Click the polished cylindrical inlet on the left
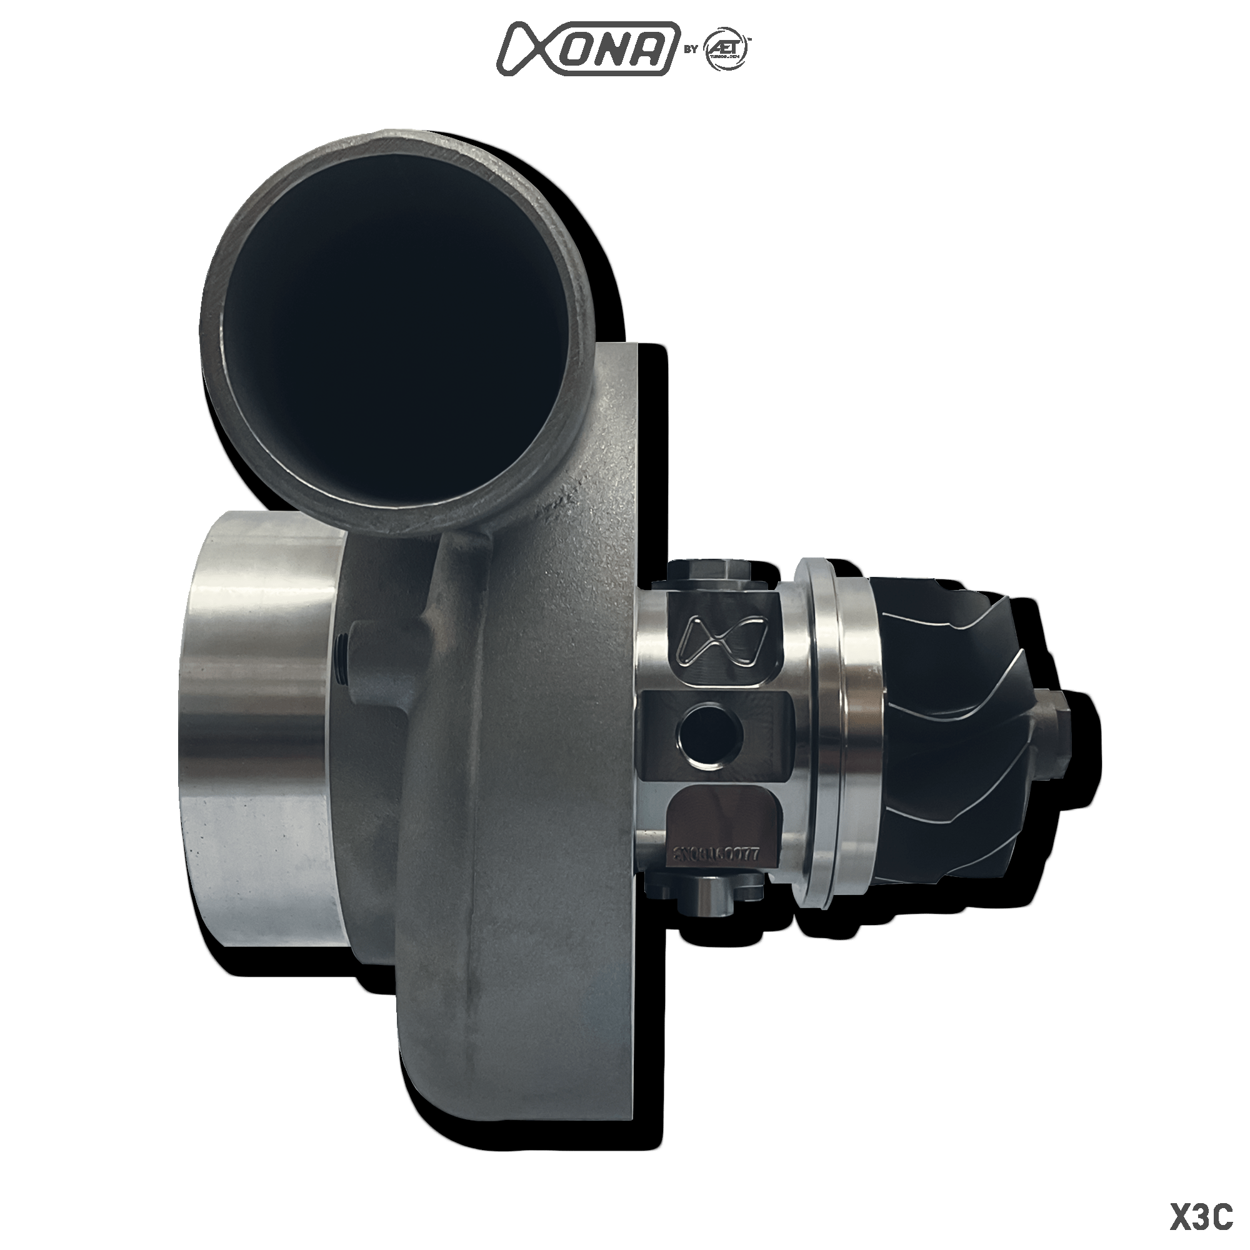coord(259,724)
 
